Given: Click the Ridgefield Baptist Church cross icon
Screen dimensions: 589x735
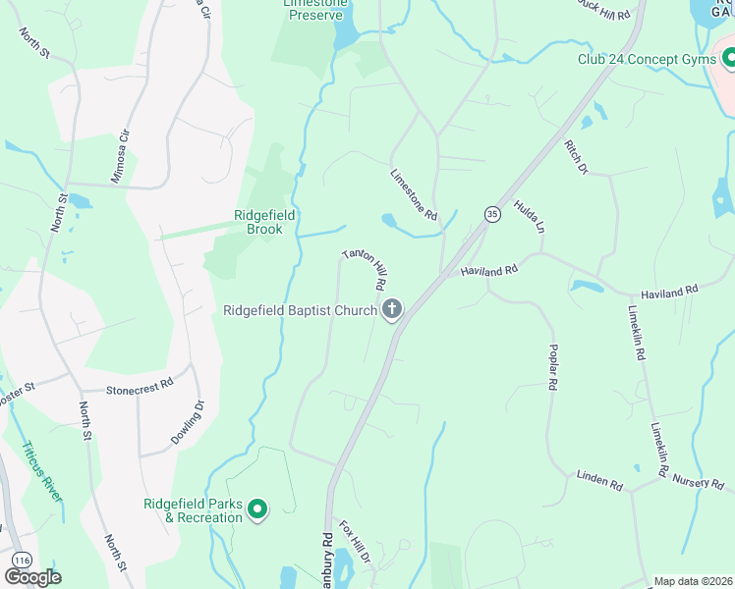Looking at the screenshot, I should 391,311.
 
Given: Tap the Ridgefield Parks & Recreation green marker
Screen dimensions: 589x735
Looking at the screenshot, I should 257,509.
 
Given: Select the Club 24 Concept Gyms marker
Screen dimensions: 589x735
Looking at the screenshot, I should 729,60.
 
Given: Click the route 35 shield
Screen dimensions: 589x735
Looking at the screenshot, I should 490,213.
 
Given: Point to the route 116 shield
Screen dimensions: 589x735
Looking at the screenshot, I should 20,560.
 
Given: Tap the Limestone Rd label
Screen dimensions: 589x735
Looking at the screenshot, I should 413,194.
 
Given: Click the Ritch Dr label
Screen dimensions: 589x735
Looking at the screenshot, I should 575,157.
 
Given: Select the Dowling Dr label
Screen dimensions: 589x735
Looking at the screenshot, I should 188,421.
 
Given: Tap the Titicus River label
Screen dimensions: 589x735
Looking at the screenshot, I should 40,471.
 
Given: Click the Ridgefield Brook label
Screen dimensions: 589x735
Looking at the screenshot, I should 257,222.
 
